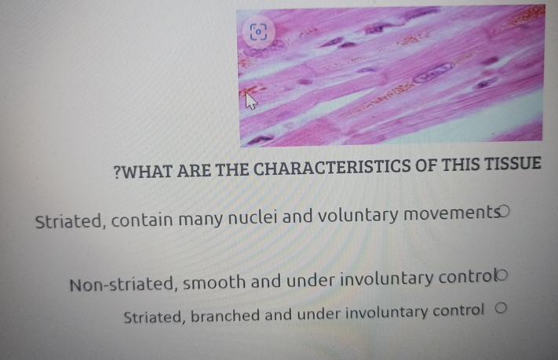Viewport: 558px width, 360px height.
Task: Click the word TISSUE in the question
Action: [509, 165]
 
